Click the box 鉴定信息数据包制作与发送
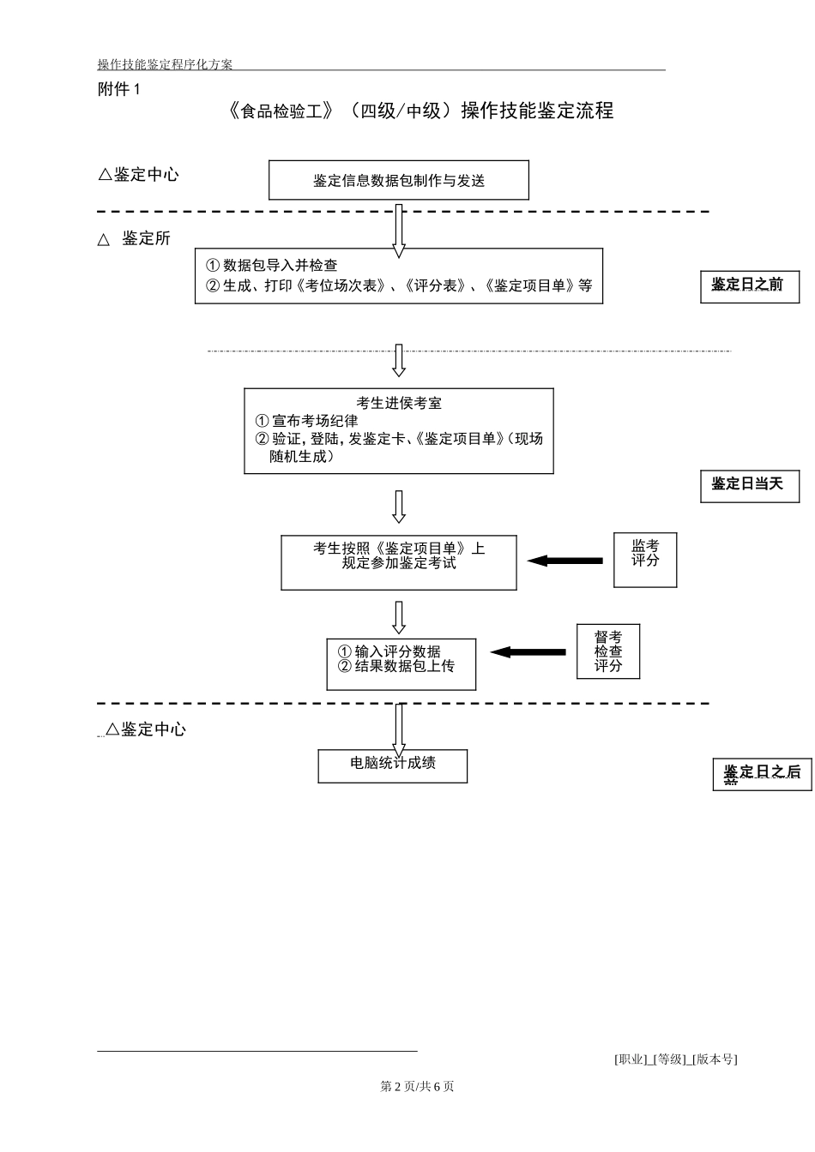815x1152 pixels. coord(399,180)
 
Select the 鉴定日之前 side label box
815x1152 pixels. coord(750,286)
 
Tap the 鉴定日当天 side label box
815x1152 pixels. coord(750,486)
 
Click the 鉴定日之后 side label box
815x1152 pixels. coord(762,774)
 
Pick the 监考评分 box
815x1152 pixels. coord(645,560)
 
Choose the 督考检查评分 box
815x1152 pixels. coord(608,651)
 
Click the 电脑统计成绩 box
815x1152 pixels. coord(393,765)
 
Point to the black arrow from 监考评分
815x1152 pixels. coord(564,561)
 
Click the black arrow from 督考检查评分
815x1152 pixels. coord(528,652)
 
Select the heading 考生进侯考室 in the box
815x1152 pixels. coord(399,403)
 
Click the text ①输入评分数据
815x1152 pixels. coord(389,651)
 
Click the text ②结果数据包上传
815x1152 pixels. coord(396,666)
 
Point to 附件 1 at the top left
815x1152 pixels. coord(119,89)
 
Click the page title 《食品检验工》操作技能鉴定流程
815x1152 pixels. coord(421,111)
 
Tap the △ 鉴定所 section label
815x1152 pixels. coord(135,239)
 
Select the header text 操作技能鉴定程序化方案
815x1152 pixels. coord(166,64)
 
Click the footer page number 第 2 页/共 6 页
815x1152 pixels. coord(417,1086)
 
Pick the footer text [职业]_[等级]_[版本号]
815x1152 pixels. coord(675,1059)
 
